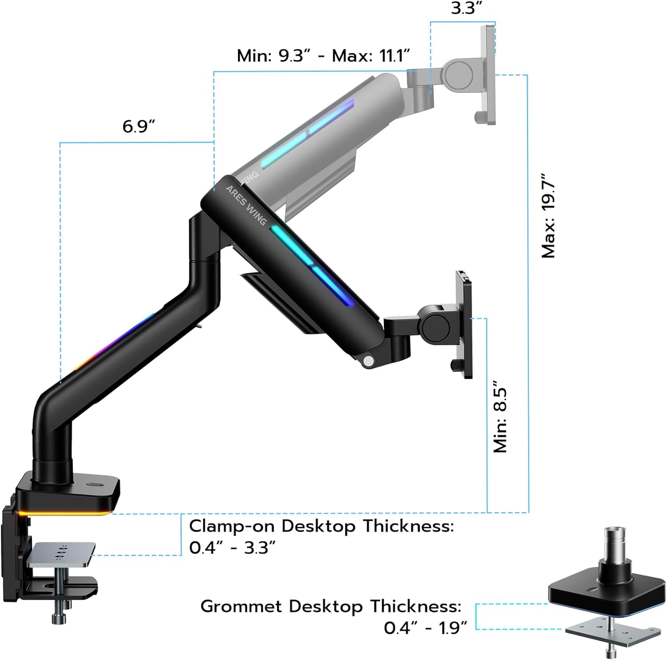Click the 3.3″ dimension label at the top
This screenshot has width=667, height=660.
[x=466, y=8]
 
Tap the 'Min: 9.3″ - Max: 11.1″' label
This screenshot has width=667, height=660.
[x=323, y=56]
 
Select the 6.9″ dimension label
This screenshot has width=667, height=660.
[x=139, y=127]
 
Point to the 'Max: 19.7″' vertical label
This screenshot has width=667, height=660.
[x=548, y=216]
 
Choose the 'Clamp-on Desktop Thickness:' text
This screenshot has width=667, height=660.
[x=321, y=526]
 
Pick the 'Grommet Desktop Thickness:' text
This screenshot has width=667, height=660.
[x=331, y=606]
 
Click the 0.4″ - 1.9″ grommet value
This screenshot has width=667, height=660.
[x=426, y=628]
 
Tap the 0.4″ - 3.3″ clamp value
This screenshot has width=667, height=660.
[x=232, y=548]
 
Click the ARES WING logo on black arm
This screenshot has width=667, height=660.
[x=246, y=205]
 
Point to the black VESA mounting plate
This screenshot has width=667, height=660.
[x=465, y=324]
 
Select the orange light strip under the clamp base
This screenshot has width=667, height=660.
[x=64, y=514]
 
